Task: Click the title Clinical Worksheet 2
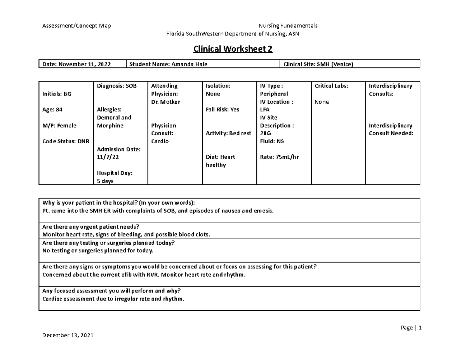click(233, 49)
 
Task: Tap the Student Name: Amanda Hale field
click(168, 64)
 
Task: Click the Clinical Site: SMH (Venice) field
click(318, 64)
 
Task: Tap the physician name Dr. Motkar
click(165, 102)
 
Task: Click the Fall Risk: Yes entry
click(223, 110)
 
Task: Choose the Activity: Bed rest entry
click(228, 134)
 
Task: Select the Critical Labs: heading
click(331, 86)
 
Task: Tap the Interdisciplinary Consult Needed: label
click(391, 130)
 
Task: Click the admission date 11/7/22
click(108, 157)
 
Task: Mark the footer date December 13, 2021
click(68, 336)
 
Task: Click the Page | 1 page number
click(411, 328)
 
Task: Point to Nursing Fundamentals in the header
click(288, 26)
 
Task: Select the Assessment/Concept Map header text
click(77, 26)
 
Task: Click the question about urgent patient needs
click(90, 227)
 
